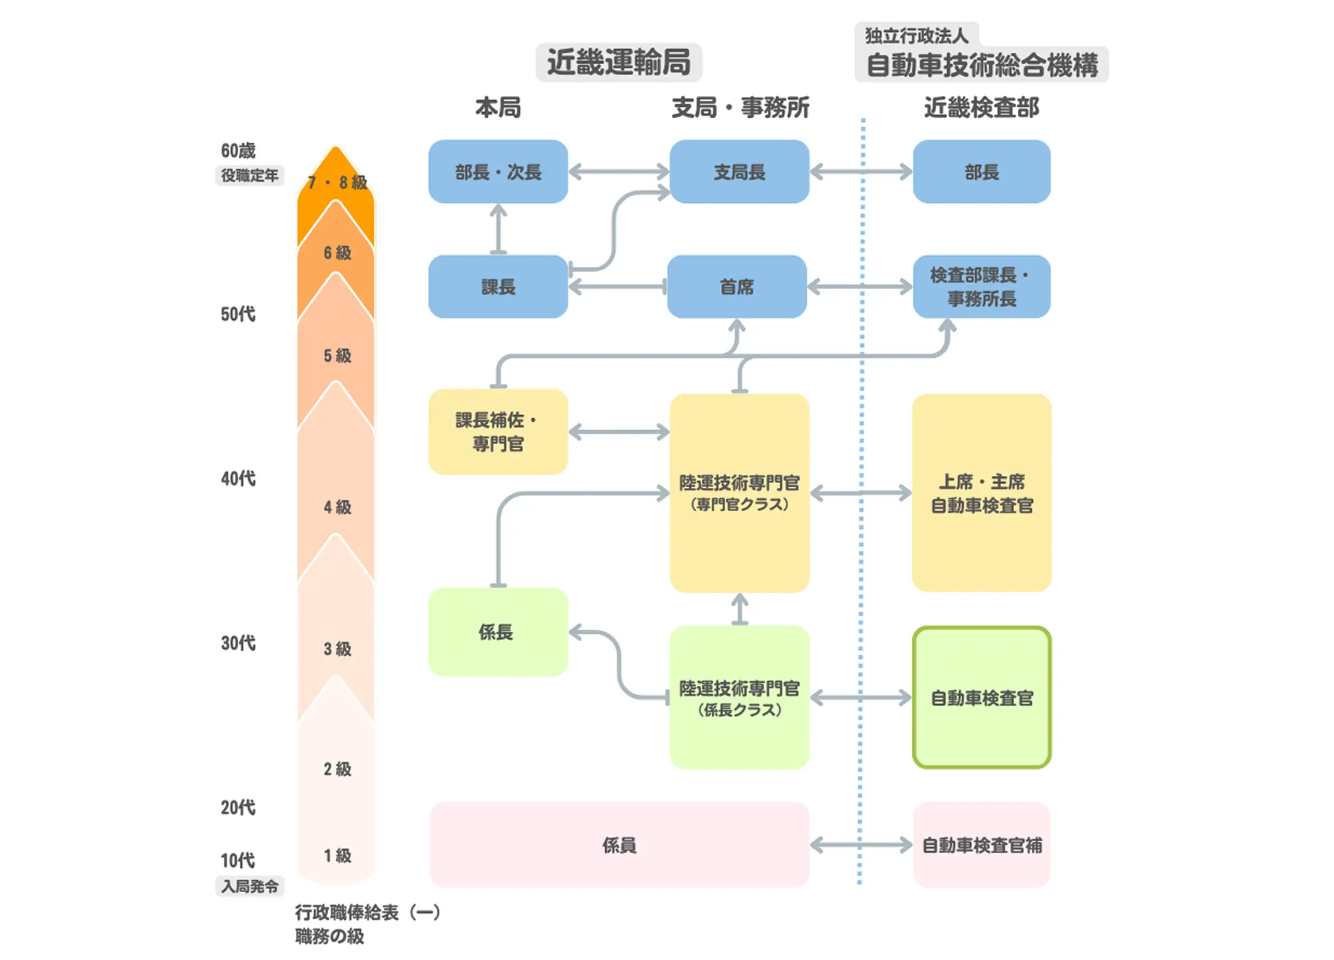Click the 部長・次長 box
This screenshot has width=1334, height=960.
[x=498, y=172]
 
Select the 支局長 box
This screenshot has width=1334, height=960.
[x=739, y=172]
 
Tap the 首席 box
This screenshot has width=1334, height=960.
[x=737, y=287]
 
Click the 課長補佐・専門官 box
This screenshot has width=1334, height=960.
[x=498, y=432]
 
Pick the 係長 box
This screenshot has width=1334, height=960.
[x=498, y=632]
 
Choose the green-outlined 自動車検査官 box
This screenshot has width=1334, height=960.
[x=981, y=697]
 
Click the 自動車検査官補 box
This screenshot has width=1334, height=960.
[x=981, y=845]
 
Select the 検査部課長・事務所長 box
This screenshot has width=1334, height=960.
[x=981, y=287]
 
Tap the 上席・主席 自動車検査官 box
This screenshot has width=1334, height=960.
[x=981, y=493]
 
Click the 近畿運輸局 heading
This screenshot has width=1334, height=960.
[x=618, y=62]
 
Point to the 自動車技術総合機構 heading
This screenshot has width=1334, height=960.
[x=981, y=65]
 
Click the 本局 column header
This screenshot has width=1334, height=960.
[x=498, y=108]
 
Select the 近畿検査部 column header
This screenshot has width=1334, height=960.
[x=981, y=108]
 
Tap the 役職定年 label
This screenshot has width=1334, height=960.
[x=250, y=175]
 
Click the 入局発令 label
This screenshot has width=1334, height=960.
[x=250, y=886]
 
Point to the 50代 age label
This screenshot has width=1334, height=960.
[x=238, y=314]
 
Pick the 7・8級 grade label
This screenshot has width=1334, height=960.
[x=336, y=182]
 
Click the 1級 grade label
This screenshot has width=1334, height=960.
[x=337, y=856]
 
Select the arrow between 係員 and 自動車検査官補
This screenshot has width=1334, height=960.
[x=861, y=845]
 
